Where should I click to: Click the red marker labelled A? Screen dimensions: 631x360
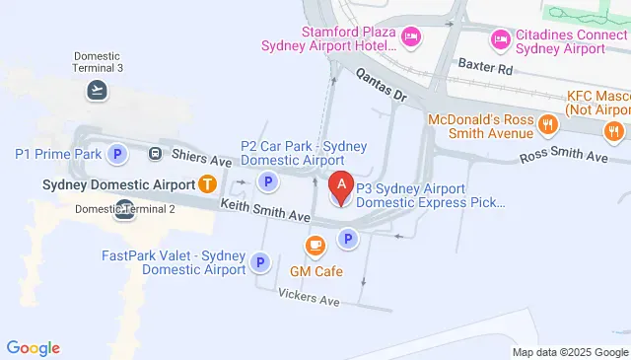[x=341, y=185]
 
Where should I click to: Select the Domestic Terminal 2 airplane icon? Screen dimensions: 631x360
[x=124, y=207]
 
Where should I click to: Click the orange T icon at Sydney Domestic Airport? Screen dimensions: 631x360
[x=207, y=182]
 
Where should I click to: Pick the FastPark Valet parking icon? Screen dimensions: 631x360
[x=260, y=262]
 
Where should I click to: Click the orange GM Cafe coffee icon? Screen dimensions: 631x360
[x=315, y=246]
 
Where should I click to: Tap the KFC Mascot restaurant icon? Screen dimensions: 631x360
[x=616, y=132]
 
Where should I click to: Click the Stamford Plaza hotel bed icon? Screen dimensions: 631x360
[x=411, y=36]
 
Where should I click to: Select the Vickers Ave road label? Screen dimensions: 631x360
[x=309, y=297]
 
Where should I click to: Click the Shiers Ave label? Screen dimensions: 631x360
[x=202, y=161]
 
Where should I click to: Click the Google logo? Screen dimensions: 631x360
[x=34, y=347]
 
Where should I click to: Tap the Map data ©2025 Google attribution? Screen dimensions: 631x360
[x=570, y=352]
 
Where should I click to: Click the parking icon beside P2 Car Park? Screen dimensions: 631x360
[x=266, y=181]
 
